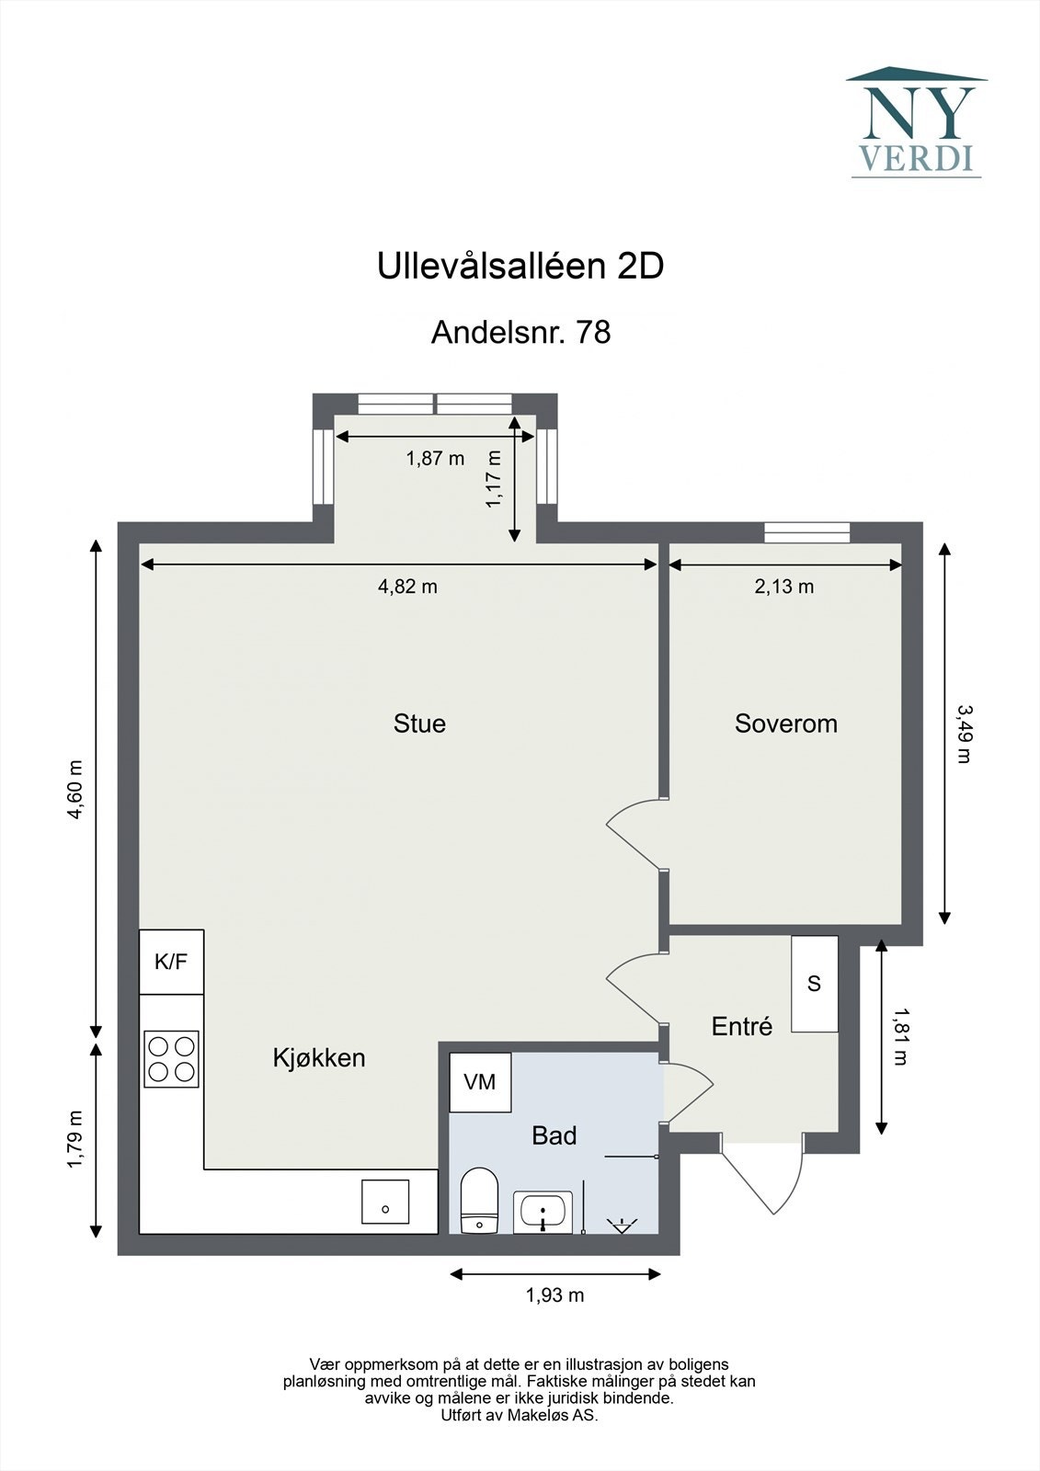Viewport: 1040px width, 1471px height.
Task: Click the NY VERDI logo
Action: coord(916,122)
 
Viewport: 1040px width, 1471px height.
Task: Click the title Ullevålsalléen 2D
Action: coord(520,267)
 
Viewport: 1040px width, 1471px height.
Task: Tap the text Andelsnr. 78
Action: coord(520,332)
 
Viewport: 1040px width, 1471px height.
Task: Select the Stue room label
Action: coord(419,724)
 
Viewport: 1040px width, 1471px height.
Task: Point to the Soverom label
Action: coord(785,724)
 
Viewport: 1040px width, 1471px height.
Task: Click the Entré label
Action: coord(741,1026)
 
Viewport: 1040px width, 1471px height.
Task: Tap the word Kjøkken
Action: coord(318,1057)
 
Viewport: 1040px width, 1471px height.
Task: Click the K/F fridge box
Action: coord(171,962)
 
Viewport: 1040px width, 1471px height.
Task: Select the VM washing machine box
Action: coord(480,1082)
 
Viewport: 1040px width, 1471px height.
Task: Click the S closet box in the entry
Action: coord(814,984)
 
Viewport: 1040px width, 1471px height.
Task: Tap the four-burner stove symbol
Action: coord(171,1058)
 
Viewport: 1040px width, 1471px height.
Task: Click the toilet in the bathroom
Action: coord(478,1201)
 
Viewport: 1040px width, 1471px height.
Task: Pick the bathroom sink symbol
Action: coord(545,1212)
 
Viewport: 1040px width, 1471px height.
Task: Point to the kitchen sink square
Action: coord(385,1202)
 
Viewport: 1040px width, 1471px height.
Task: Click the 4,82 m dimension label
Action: coord(407,587)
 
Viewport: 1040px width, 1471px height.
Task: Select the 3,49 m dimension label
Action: coord(964,734)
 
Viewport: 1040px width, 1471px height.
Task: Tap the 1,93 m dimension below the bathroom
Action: coord(554,1295)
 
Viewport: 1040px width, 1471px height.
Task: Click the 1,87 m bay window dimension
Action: coord(435,458)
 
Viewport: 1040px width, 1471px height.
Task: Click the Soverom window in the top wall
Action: coord(806,530)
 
